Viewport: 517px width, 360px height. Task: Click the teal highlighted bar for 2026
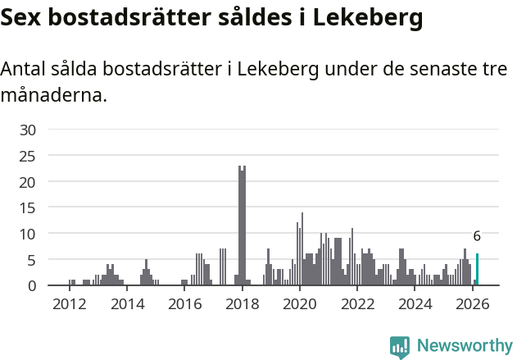tap(477, 270)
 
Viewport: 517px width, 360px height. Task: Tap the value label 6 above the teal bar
tap(477, 236)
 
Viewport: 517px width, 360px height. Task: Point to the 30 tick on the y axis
tap(28, 130)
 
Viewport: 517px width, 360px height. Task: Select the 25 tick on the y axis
tap(28, 156)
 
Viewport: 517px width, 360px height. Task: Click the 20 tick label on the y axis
tap(28, 181)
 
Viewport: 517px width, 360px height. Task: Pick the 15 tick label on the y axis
tap(28, 207)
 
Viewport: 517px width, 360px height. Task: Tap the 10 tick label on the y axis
tap(28, 234)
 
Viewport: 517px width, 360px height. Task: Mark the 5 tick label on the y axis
tap(32, 260)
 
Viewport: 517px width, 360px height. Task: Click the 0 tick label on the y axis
tap(32, 285)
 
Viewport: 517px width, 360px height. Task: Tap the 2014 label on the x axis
tap(126, 304)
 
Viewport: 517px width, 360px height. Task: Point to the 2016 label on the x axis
tap(184, 304)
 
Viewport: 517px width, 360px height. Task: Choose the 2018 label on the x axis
tap(242, 304)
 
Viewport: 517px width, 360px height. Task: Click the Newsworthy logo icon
tap(400, 346)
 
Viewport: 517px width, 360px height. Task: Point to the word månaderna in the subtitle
tap(53, 95)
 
